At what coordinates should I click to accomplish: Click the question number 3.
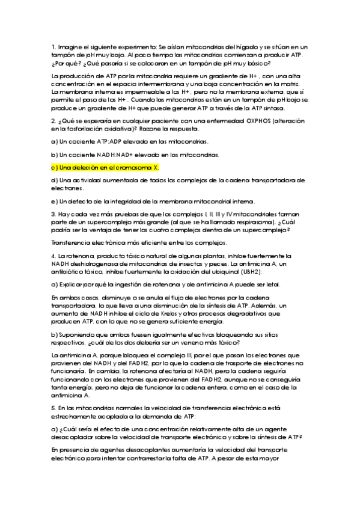pos(53,214)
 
